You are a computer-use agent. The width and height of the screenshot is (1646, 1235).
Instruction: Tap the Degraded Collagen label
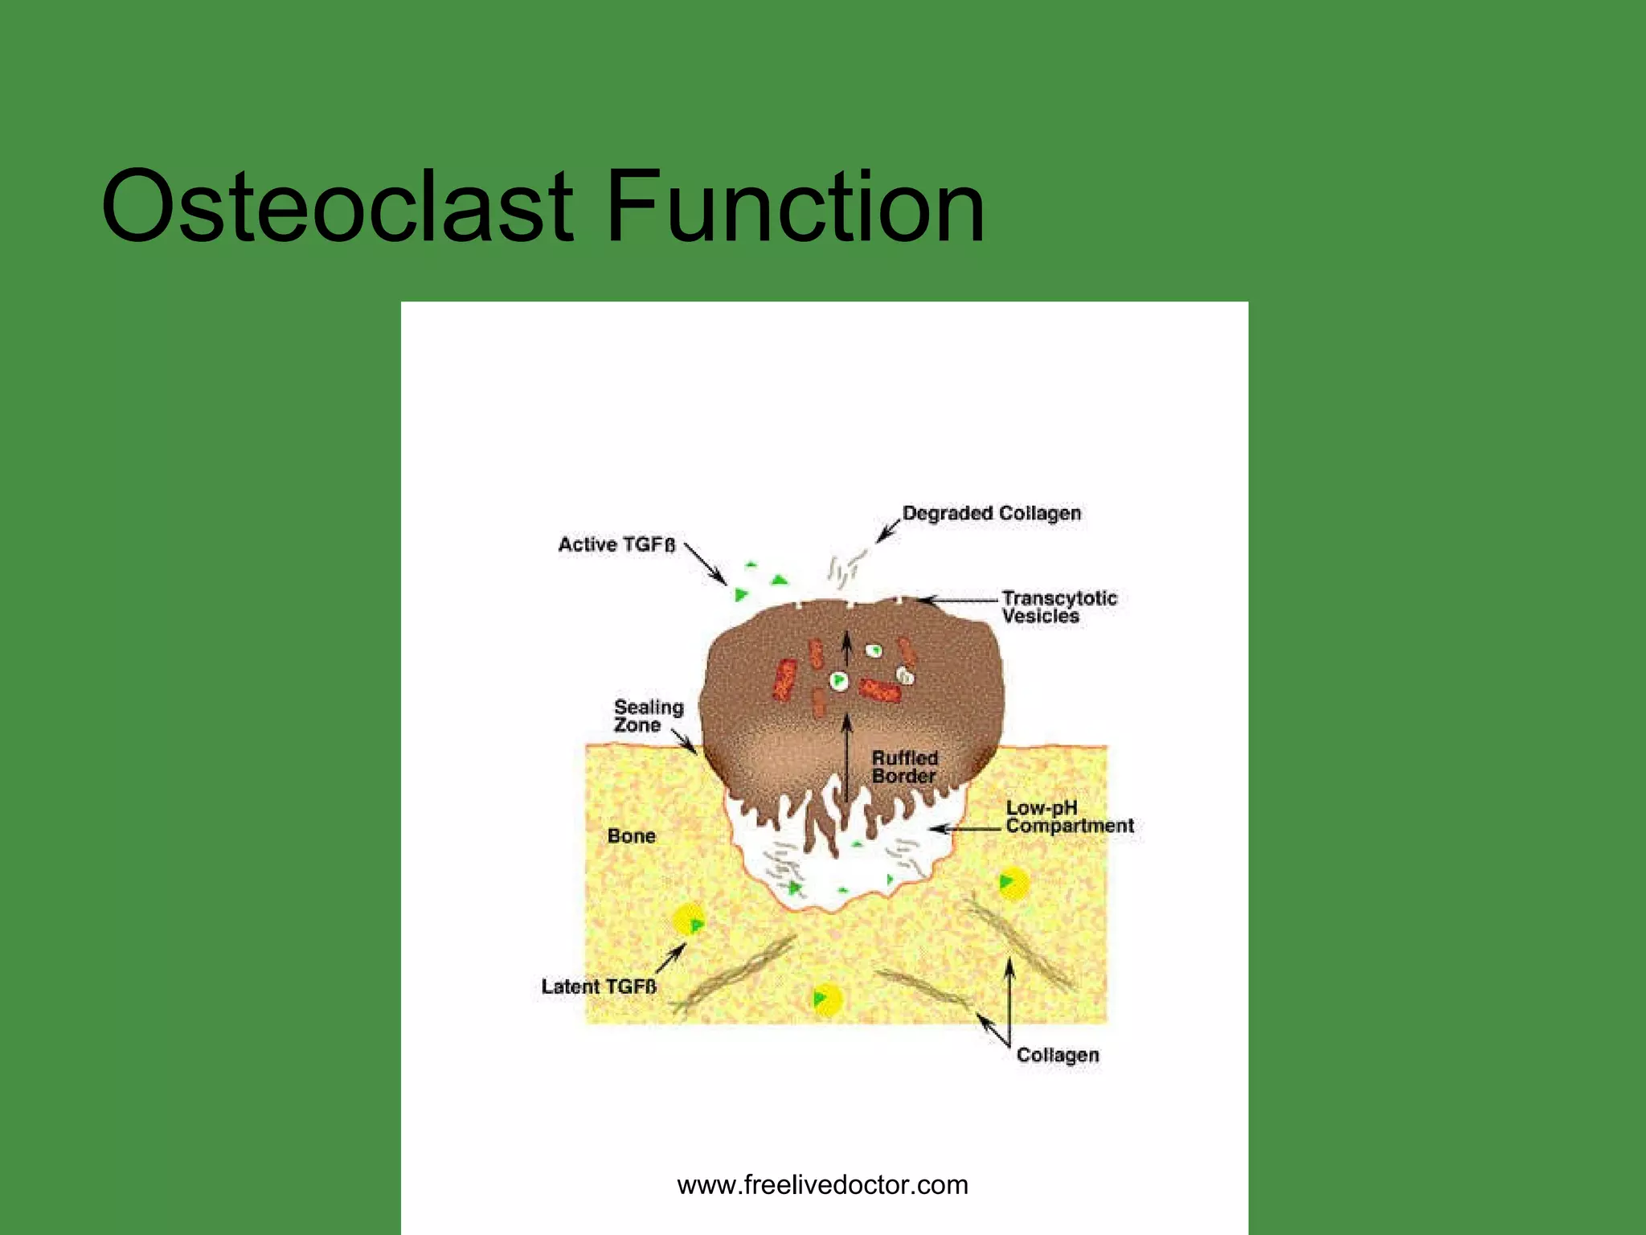[x=991, y=513]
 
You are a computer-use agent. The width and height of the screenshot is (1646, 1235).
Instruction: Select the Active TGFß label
[x=616, y=544]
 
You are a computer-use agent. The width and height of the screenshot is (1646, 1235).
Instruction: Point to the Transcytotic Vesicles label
[x=1058, y=607]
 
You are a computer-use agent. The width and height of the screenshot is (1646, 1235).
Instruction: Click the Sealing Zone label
[x=648, y=716]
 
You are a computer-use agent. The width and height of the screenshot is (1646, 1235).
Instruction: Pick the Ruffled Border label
[x=905, y=767]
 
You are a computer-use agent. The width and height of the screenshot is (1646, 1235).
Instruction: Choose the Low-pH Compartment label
[x=1069, y=817]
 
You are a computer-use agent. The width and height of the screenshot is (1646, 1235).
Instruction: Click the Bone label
[x=631, y=836]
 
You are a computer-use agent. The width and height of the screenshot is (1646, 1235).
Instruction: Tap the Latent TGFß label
[x=599, y=987]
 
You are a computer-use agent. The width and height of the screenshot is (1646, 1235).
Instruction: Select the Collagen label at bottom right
[x=1057, y=1055]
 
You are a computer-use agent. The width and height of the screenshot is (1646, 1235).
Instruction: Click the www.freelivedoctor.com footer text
[x=822, y=1184]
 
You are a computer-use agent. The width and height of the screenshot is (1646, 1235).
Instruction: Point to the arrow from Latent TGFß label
[x=670, y=958]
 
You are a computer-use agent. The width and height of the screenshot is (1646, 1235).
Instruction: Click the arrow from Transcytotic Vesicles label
[x=956, y=600]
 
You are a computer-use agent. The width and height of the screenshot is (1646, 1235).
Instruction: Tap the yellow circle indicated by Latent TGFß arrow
[x=690, y=920]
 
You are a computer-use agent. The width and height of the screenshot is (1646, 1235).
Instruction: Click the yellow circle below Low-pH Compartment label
[x=1013, y=884]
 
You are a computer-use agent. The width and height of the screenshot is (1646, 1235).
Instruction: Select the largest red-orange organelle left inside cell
[x=784, y=679]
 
